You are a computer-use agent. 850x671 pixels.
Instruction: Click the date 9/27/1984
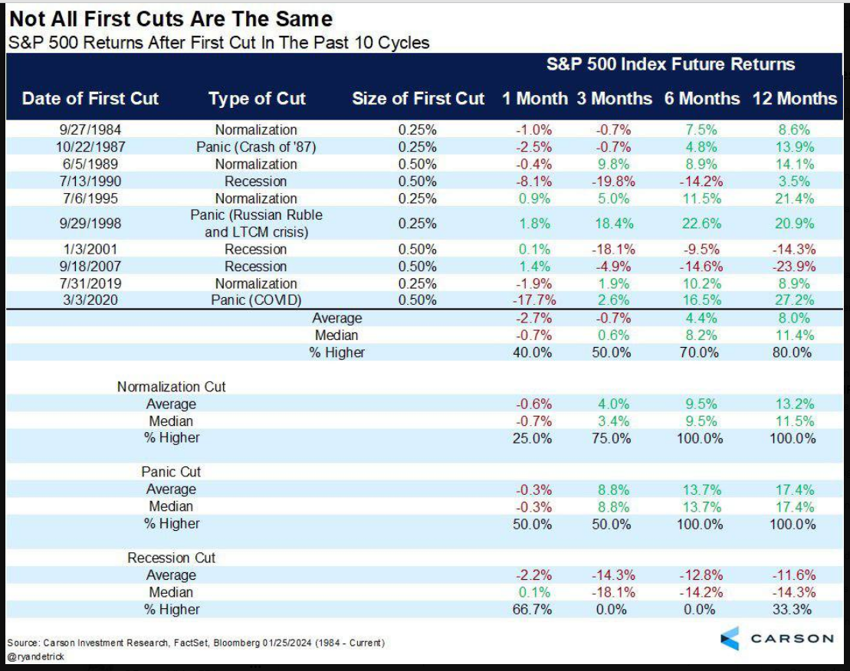tap(90, 130)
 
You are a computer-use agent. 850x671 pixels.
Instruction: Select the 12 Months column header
tap(795, 99)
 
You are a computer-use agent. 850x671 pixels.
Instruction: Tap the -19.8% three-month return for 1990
tap(613, 182)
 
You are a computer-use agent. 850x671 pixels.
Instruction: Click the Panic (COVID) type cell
tap(256, 300)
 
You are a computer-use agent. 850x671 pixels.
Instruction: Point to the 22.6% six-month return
tap(701, 224)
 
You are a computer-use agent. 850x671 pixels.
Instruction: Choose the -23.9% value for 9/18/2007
tap(794, 267)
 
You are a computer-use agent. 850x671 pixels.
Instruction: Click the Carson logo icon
tap(730, 639)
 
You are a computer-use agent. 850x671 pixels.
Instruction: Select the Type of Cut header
tap(257, 99)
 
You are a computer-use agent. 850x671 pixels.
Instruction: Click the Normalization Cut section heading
tap(171, 387)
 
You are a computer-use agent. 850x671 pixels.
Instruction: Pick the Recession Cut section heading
tap(171, 558)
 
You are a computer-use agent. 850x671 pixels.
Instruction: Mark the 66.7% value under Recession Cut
tap(533, 609)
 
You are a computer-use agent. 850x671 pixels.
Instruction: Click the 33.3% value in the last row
tap(792, 609)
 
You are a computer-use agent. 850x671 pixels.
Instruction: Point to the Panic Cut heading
tap(171, 472)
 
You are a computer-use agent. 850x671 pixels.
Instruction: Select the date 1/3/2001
tap(90, 249)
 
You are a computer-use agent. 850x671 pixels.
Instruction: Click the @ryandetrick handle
tap(36, 656)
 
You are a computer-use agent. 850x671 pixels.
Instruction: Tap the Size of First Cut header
tap(418, 99)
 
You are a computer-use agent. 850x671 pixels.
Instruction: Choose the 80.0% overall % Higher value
tap(792, 352)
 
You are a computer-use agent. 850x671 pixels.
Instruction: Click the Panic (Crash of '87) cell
tap(256, 147)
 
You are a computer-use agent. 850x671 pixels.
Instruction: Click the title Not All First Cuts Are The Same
tap(171, 19)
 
